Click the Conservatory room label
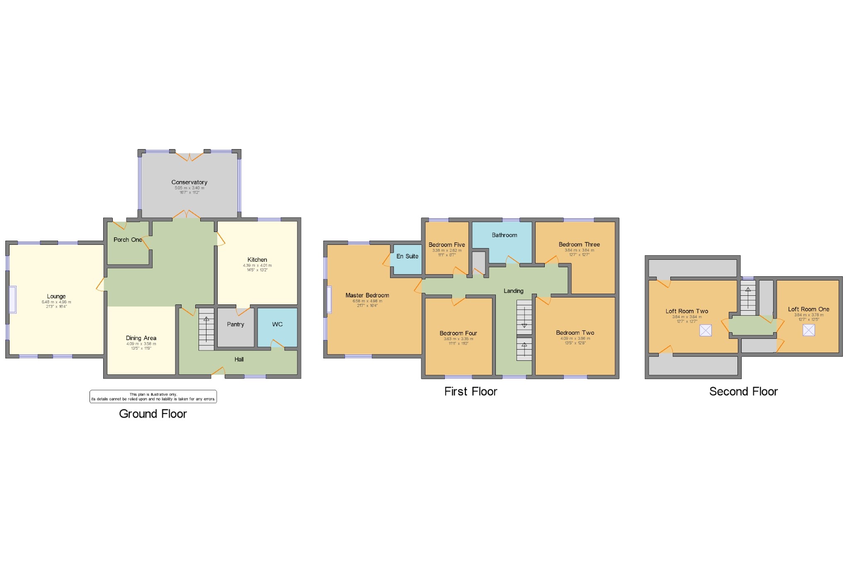coord(189,182)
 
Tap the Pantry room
coord(235,327)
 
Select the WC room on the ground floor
coord(277,327)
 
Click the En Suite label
coord(407,256)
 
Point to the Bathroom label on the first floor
coord(504,235)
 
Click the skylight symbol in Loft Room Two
coord(705,330)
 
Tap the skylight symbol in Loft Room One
coord(808,330)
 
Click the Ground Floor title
coord(153,414)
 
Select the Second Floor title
coord(743,391)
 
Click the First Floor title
coord(471,391)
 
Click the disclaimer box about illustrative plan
coord(153,397)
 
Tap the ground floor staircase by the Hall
coord(206,329)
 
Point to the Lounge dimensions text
coord(56,304)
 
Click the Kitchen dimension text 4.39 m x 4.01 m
coord(257,266)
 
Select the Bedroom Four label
coord(458,333)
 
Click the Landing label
coord(513,291)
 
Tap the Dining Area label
coord(141,338)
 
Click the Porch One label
coord(128,240)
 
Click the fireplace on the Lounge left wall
coord(12,299)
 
